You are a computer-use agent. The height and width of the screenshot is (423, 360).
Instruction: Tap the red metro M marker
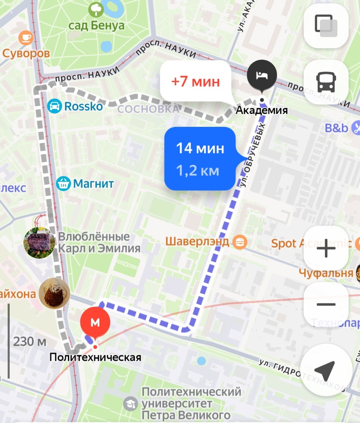click(95, 322)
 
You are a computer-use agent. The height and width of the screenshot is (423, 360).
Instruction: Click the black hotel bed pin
click(261, 75)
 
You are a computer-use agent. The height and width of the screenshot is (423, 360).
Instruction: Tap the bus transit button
click(326, 82)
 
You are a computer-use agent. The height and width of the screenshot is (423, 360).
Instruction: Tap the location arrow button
click(325, 370)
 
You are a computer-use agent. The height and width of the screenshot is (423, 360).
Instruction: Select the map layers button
click(326, 25)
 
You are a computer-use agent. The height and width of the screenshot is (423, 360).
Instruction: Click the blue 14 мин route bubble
click(200, 159)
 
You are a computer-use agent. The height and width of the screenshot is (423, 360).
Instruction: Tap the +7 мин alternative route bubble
click(195, 81)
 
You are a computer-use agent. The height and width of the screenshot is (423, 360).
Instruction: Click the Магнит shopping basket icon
click(63, 183)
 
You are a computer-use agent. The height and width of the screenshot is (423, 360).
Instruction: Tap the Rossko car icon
click(54, 106)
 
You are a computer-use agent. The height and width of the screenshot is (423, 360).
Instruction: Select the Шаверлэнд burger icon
click(241, 242)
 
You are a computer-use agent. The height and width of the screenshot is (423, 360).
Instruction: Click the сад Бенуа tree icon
click(96, 10)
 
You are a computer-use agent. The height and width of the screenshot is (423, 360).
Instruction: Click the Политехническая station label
click(95, 357)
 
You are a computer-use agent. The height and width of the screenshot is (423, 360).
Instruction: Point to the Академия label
click(262, 110)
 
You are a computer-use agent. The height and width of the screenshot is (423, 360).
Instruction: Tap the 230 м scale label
click(30, 341)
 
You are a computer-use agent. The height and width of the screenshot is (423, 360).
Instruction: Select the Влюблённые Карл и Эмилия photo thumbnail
click(38, 243)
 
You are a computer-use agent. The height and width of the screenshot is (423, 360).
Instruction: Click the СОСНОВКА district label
click(148, 109)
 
